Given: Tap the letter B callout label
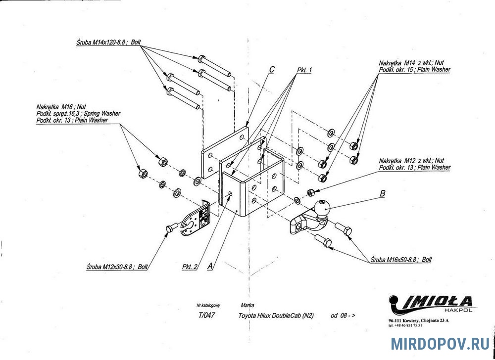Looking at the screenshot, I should (x=382, y=194).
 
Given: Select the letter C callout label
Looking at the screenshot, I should (x=272, y=70).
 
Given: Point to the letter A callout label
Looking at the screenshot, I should (x=210, y=266).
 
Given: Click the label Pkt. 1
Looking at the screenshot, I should (x=304, y=71).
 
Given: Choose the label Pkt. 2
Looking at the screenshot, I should (x=190, y=267).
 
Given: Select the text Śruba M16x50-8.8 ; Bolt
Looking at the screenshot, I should (x=401, y=259).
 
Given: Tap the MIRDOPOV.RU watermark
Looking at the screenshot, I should (x=440, y=344).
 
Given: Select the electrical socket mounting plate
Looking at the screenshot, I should (x=196, y=220).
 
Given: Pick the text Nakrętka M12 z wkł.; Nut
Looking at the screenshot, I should (x=412, y=161).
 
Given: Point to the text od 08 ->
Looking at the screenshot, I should (x=343, y=315).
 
